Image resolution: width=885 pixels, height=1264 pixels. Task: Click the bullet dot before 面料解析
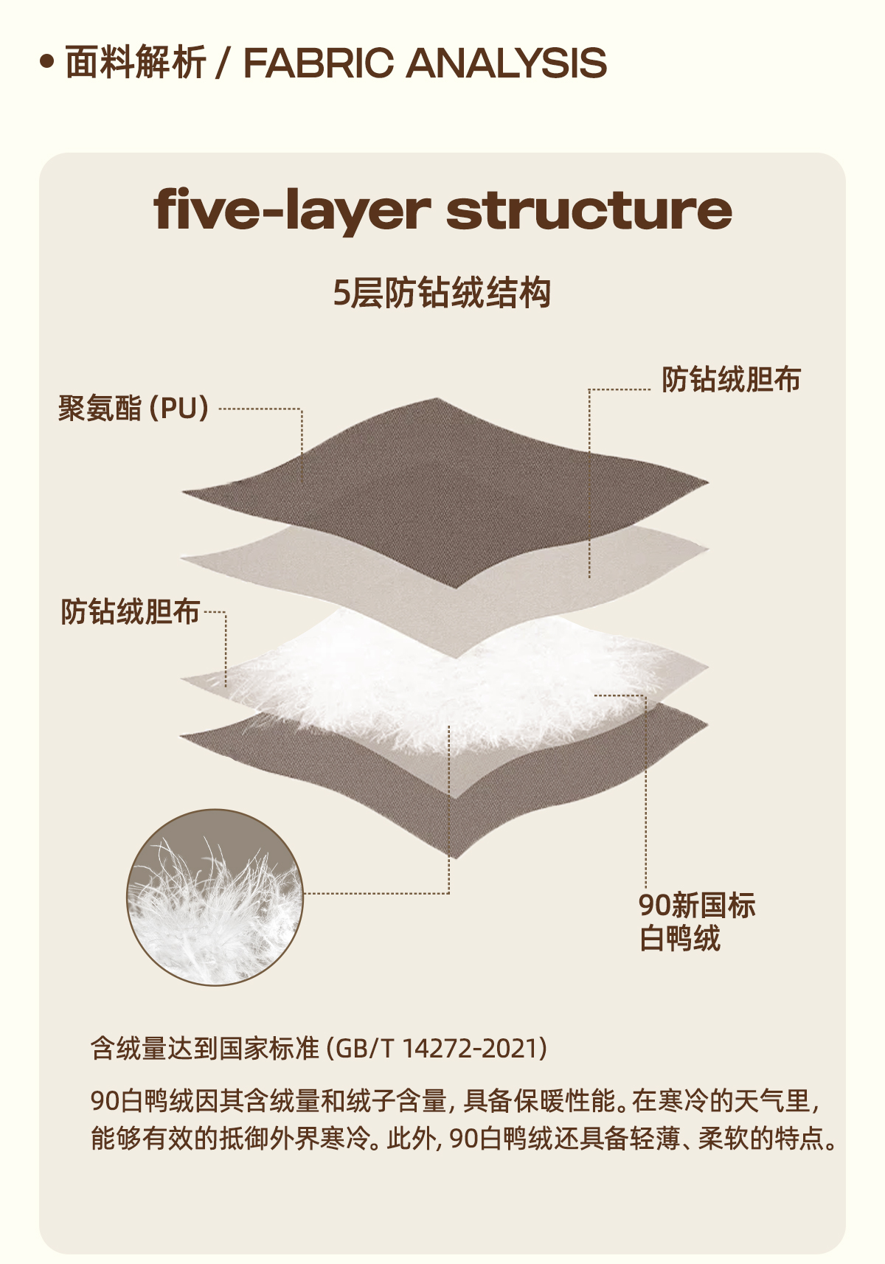48,63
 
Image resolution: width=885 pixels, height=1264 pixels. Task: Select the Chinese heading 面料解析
135,63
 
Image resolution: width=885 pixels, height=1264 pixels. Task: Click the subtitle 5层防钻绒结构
442,293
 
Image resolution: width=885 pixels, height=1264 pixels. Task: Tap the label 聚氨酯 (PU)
133,408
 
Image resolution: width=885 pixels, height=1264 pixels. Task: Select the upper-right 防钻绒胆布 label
730,380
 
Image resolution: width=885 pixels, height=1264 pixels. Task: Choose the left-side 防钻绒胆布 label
130,611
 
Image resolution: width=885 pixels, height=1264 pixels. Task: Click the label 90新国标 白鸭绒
696,922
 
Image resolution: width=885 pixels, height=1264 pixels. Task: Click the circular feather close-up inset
215,897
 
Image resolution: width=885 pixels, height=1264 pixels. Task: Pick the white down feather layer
413,678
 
